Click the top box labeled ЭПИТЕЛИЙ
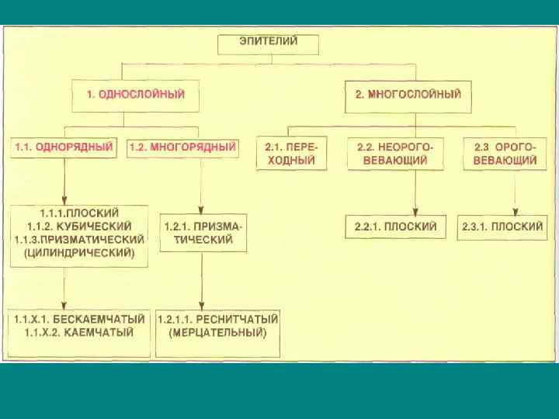[268, 43]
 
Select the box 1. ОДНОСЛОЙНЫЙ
[135, 95]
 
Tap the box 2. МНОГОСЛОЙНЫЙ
[408, 95]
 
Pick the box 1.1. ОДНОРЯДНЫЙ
[64, 147]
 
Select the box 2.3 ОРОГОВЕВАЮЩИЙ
[505, 154]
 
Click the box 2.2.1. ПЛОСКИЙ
[395, 227]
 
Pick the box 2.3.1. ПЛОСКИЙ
[502, 227]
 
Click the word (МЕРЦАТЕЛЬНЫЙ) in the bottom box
[218, 333]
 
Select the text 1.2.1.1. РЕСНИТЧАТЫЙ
[218, 319]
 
